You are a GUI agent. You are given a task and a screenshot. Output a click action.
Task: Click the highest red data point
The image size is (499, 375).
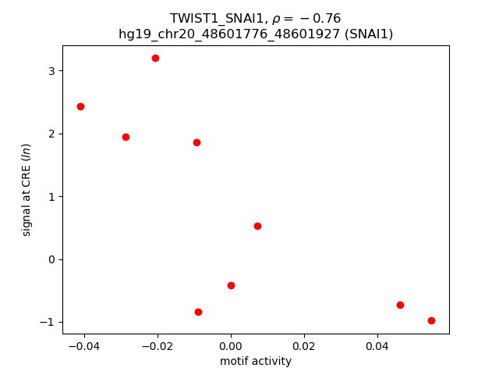[x=155, y=58]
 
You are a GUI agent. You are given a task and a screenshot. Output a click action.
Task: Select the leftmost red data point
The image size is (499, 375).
[x=80, y=106]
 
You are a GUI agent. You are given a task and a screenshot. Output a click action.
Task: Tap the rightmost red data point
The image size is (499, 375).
[x=431, y=320]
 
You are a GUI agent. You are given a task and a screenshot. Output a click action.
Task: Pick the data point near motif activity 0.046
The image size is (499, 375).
[x=400, y=305]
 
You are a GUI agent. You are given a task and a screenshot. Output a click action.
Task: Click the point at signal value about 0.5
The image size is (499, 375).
[x=257, y=226]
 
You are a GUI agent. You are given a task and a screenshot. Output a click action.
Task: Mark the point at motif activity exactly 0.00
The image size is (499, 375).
[x=231, y=285]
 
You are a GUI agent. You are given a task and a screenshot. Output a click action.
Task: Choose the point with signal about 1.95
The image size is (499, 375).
[x=126, y=137]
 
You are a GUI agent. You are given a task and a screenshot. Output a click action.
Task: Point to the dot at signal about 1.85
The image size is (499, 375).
[x=196, y=142]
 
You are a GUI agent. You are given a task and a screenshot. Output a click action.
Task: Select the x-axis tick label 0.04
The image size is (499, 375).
[x=377, y=345]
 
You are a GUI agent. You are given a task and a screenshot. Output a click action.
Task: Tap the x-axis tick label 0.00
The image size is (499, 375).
[x=231, y=345]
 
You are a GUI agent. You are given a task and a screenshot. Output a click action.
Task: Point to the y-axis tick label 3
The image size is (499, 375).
[x=52, y=71]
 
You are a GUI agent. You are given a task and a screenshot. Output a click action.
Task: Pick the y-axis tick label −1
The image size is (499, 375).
[x=49, y=322]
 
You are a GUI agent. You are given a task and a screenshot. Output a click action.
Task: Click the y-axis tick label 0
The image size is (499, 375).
[x=52, y=259]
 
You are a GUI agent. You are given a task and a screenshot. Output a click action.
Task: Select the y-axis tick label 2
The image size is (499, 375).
[x=52, y=134]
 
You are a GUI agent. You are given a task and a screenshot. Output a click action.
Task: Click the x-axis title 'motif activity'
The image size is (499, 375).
[x=256, y=361]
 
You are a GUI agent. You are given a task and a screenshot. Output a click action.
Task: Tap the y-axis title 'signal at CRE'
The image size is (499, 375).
[x=27, y=190]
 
